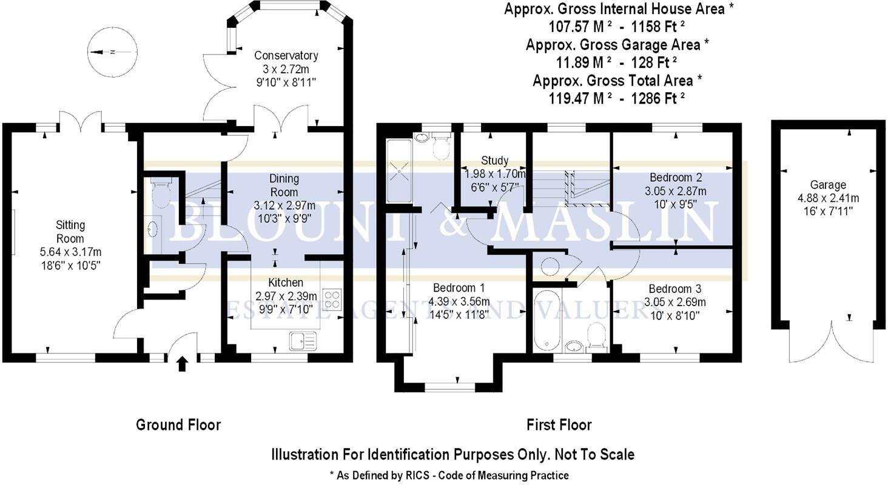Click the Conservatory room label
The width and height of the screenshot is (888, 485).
click(x=286, y=56)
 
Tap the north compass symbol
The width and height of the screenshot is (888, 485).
click(x=113, y=52)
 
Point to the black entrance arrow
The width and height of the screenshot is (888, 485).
click(x=182, y=364)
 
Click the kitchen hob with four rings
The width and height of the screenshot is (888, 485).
click(x=332, y=299)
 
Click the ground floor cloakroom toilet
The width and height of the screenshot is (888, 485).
click(x=161, y=193)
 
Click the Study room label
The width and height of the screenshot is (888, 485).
click(x=494, y=161)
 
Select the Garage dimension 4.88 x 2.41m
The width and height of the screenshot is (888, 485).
click(x=828, y=198)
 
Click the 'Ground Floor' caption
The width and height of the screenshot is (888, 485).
click(x=178, y=425)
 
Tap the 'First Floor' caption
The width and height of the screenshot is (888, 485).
click(x=559, y=425)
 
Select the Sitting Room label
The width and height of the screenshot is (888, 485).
click(x=70, y=232)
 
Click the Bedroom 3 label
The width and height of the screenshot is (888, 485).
click(x=674, y=289)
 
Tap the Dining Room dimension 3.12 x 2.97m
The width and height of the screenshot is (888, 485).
click(x=284, y=206)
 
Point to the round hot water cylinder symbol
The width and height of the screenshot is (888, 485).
click(x=550, y=267)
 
